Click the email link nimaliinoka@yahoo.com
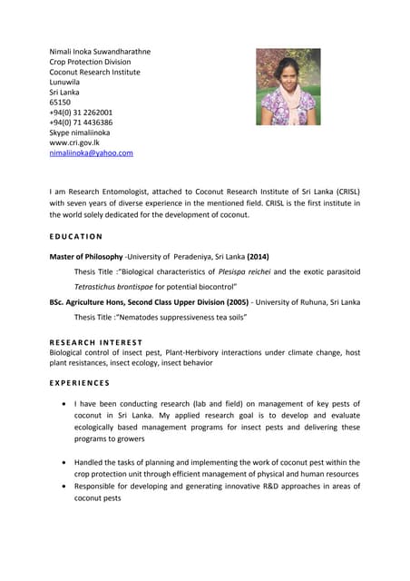(91, 153)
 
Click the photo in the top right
(288, 86)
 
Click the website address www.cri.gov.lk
(74, 143)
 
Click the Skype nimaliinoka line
(79, 133)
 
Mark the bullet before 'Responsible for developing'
(61, 486)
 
